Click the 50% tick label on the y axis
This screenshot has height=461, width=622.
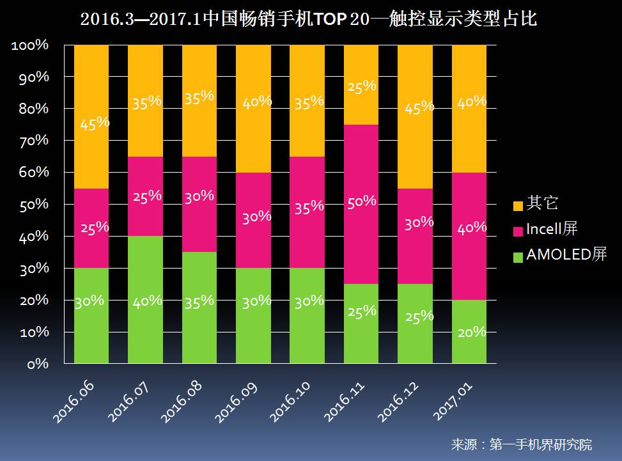click(x=30, y=205)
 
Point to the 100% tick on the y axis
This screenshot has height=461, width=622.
click(x=30, y=45)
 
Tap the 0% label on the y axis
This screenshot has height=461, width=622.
click(x=38, y=364)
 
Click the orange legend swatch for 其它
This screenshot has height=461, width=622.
click(x=518, y=205)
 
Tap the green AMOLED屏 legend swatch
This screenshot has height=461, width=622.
click(x=518, y=256)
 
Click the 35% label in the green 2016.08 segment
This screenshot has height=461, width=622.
click(x=199, y=301)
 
